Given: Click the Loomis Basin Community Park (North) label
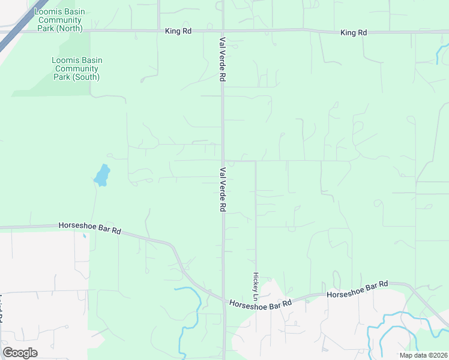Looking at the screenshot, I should [58, 20].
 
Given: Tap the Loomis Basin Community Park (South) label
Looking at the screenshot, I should [76, 68].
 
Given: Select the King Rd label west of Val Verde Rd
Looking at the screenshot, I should [178, 31].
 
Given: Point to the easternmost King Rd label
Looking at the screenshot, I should [353, 32].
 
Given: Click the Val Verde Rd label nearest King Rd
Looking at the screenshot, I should [223, 58].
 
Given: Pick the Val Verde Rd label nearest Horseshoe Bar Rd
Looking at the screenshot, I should [223, 189].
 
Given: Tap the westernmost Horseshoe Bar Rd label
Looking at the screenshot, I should [90, 228].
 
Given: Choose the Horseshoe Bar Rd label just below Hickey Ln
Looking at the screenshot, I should [260, 304].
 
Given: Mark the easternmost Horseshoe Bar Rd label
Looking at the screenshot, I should [358, 289].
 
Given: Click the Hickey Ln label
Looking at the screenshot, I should [255, 287].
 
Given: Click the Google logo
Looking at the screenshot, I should [20, 353].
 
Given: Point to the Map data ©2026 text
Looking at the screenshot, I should [423, 355].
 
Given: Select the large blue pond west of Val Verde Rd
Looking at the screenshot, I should [102, 175].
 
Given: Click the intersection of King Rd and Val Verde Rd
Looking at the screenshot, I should [223, 31].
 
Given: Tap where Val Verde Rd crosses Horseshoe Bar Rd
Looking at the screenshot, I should [224, 301].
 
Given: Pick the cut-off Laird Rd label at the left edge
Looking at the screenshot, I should [2, 309].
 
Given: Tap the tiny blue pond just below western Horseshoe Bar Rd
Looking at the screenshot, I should [84, 236].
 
